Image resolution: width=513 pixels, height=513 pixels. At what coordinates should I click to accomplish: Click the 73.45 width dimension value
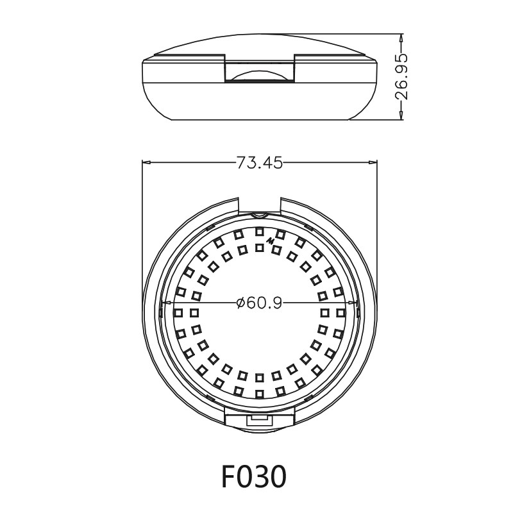(x=260, y=163)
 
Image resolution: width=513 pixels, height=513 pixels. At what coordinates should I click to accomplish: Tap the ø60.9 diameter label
(x=259, y=303)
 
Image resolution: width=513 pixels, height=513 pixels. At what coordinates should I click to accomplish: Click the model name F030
(x=253, y=477)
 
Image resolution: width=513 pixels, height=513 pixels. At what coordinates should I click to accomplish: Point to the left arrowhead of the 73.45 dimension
(x=146, y=163)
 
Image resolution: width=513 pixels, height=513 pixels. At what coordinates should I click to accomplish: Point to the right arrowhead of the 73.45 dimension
(x=374, y=163)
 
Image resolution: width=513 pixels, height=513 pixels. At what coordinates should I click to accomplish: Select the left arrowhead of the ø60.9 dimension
(x=162, y=303)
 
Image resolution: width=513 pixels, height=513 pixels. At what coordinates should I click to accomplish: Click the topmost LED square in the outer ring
(x=260, y=231)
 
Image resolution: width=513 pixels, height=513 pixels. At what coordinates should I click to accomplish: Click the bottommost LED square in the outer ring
(x=260, y=394)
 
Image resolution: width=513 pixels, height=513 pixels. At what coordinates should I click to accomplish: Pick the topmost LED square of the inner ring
(x=260, y=247)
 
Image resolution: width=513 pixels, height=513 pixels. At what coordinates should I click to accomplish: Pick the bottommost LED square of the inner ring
(x=260, y=378)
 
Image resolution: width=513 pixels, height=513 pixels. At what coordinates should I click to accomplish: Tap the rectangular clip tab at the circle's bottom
(x=260, y=417)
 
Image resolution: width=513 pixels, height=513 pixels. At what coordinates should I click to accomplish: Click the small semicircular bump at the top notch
(x=260, y=213)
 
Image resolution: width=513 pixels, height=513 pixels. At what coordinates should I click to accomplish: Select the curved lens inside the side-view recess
(x=260, y=76)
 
